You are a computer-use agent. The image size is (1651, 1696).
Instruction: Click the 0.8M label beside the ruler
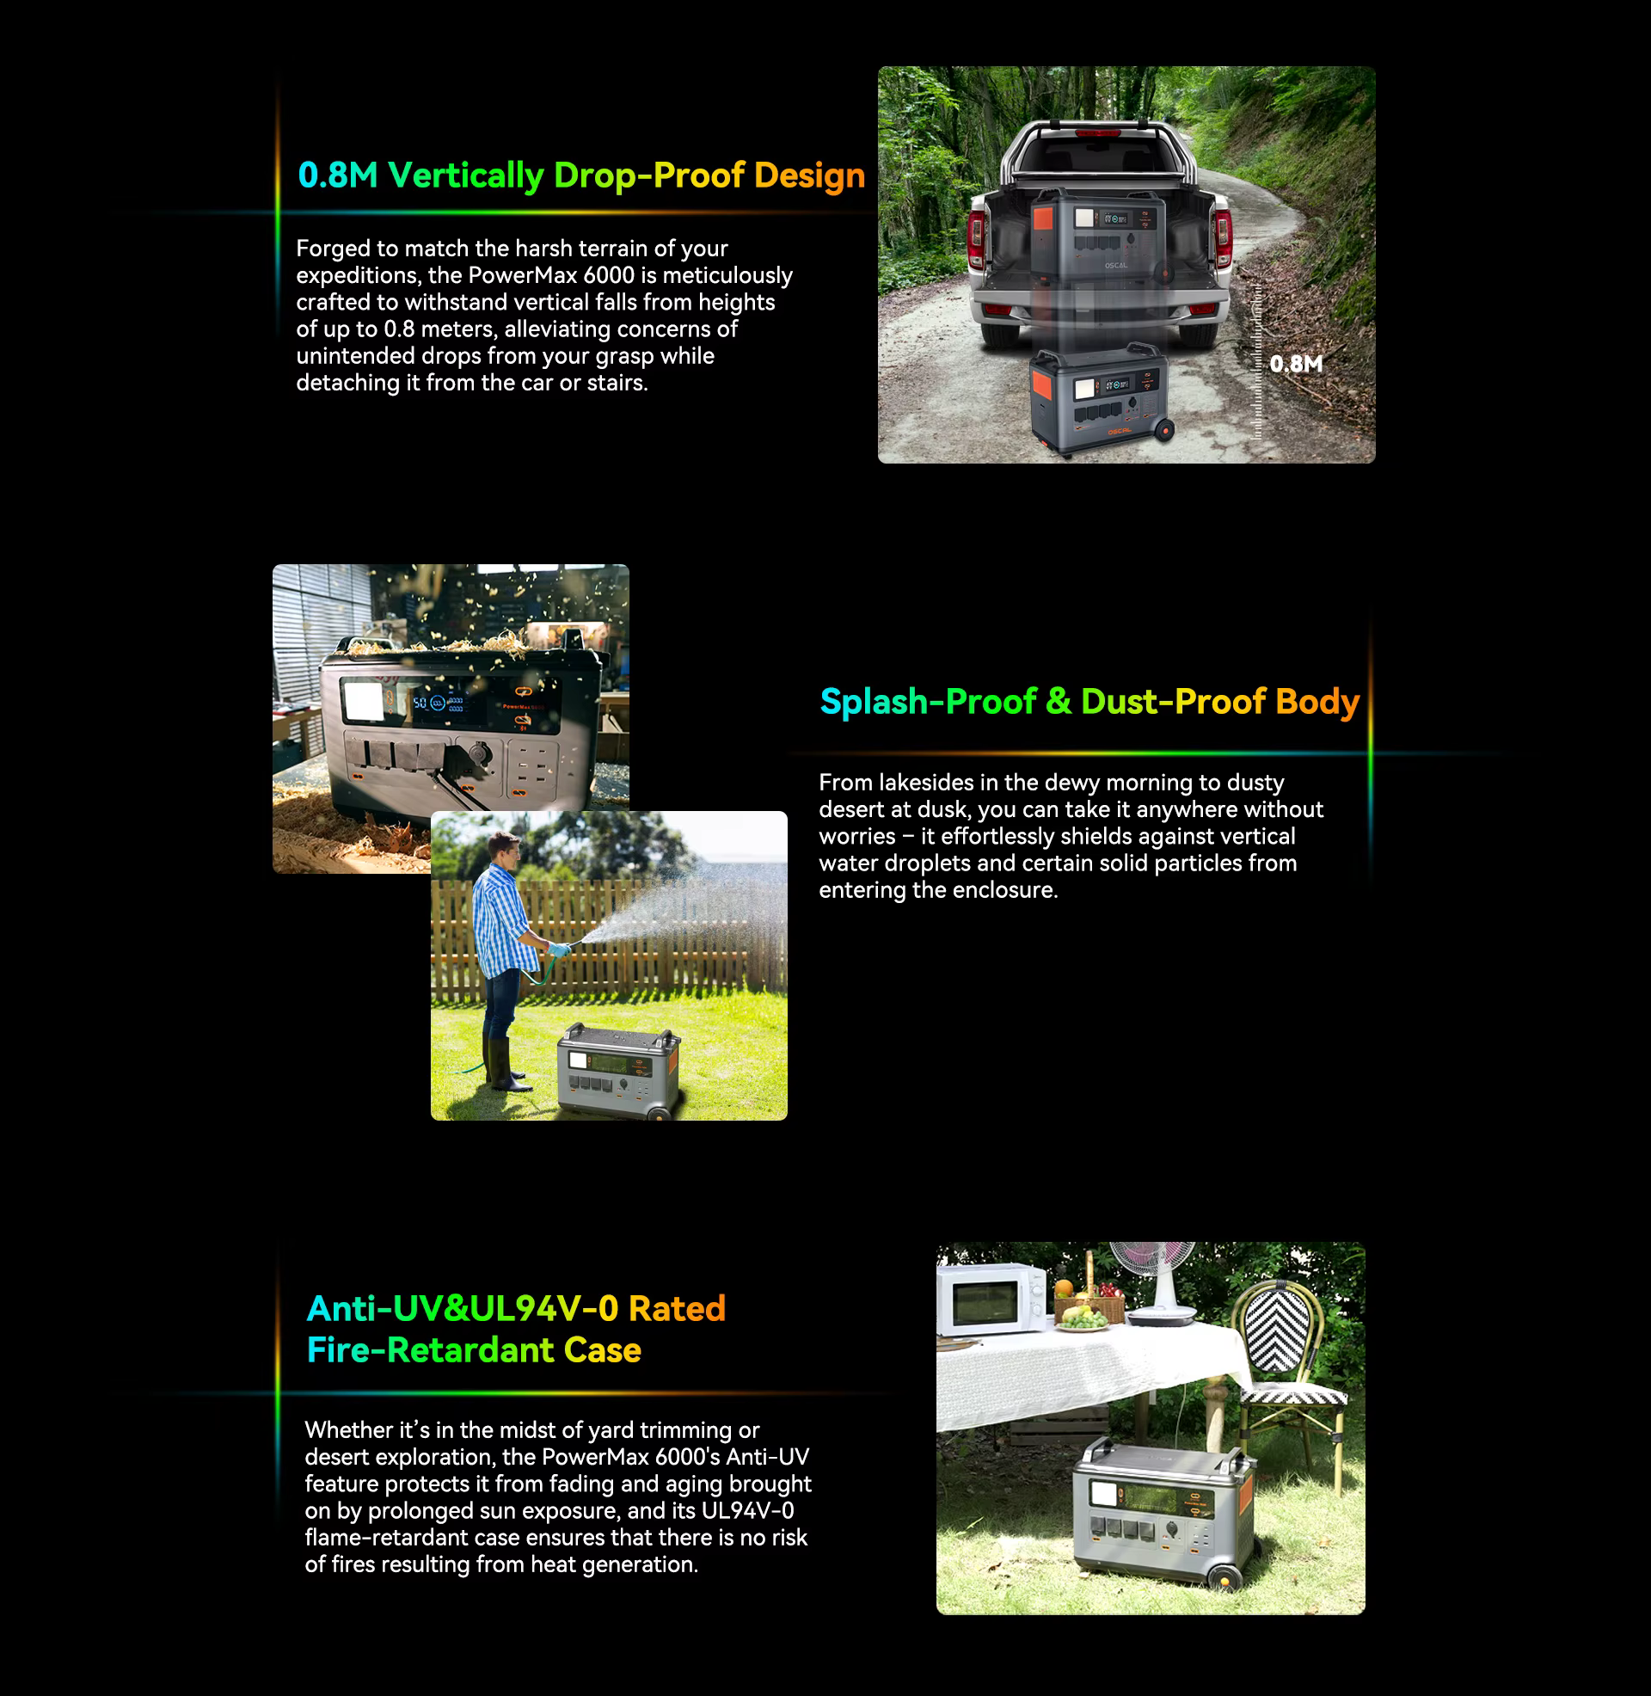pyautogui.click(x=1297, y=363)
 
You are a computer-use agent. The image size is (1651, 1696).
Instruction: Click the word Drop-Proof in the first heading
pyautogui.click(x=649, y=175)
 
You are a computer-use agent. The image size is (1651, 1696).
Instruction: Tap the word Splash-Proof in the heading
pyautogui.click(x=928, y=702)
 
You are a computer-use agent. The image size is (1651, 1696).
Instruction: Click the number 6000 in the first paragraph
pyautogui.click(x=609, y=275)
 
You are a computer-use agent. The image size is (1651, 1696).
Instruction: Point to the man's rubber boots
pyautogui.click(x=504, y=1064)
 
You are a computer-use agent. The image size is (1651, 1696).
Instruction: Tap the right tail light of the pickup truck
pyautogui.click(x=1224, y=234)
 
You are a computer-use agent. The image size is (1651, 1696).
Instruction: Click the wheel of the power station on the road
pyautogui.click(x=1164, y=429)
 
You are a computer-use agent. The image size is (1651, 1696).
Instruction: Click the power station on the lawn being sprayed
pyautogui.click(x=618, y=1070)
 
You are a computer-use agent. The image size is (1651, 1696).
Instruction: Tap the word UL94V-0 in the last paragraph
pyautogui.click(x=747, y=1510)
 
